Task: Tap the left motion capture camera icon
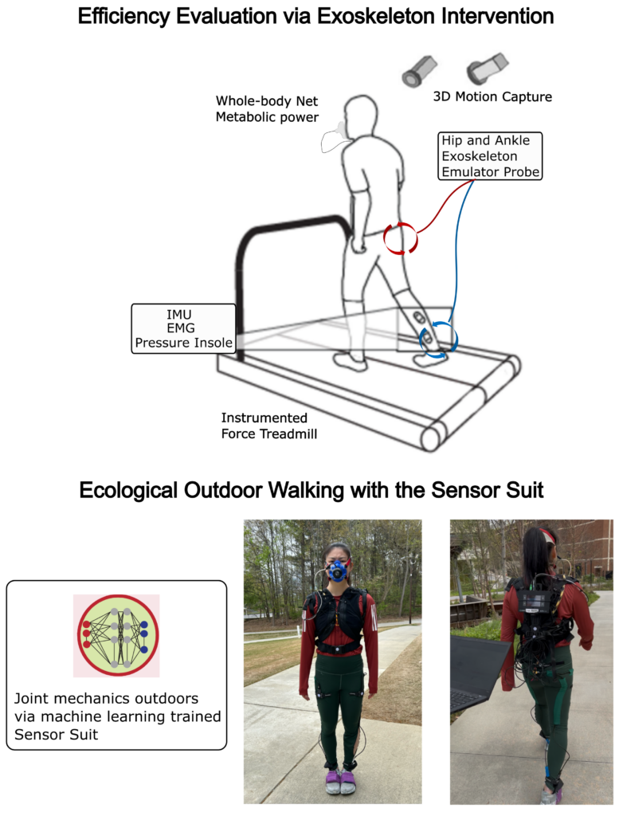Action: pyautogui.click(x=419, y=71)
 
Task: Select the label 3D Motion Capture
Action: pyautogui.click(x=492, y=96)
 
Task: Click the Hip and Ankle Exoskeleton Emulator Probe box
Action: pyautogui.click(x=490, y=156)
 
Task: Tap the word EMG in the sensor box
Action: pyautogui.click(x=181, y=328)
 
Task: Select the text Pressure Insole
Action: pyautogui.click(x=183, y=343)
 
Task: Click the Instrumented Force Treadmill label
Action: pyautogui.click(x=269, y=426)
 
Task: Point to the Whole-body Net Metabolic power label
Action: pyautogui.click(x=267, y=108)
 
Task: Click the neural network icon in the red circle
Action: pyautogui.click(x=116, y=635)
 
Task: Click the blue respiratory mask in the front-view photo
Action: pyautogui.click(x=338, y=571)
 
